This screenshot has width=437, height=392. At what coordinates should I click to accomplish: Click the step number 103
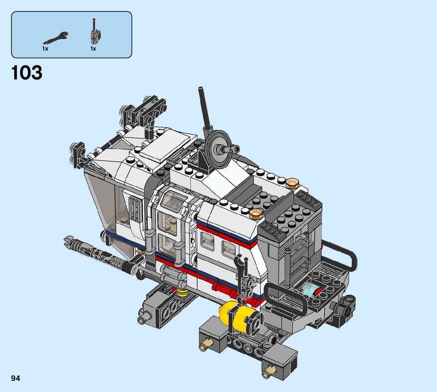click(x=27, y=72)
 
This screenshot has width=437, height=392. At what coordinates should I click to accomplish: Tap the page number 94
click(x=16, y=378)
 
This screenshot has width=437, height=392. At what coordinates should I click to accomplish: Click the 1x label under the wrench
click(x=45, y=49)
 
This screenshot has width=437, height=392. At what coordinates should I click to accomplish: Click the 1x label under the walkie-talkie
click(x=93, y=49)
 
